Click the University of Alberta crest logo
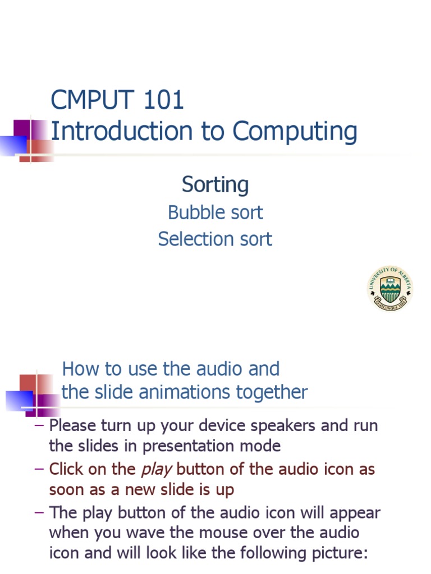(391, 288)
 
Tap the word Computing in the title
(295, 132)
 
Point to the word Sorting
(215, 185)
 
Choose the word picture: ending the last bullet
(336, 554)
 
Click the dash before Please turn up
(39, 425)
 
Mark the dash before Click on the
(39, 469)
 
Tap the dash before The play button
(39, 512)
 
